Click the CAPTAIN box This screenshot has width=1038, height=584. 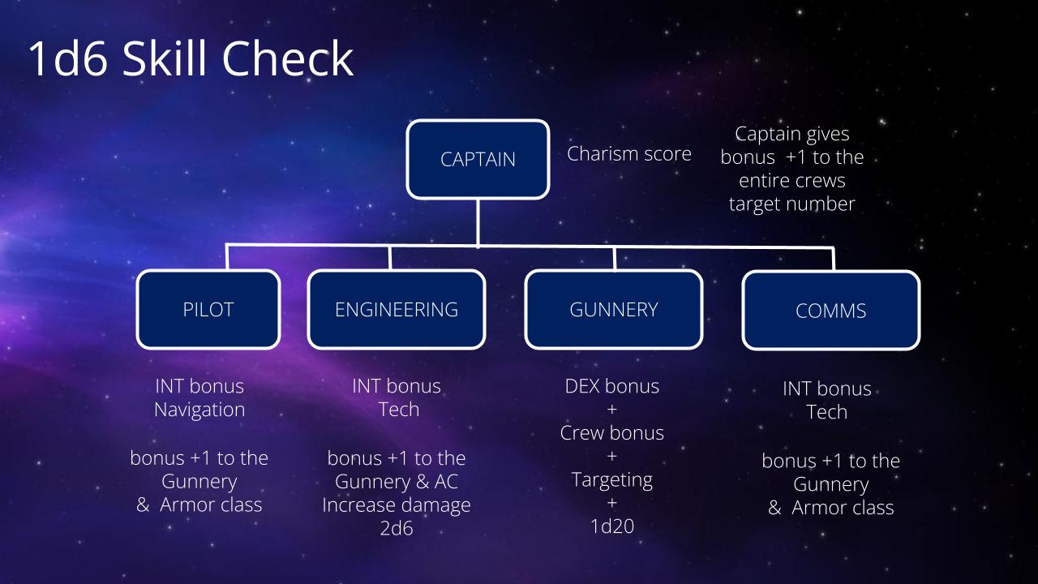click(478, 160)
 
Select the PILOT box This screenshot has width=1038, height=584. click(208, 309)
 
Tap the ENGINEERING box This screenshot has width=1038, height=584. click(397, 309)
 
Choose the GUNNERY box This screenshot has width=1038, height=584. click(614, 309)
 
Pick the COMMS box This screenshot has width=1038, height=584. click(831, 311)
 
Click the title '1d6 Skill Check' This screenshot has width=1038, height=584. click(191, 58)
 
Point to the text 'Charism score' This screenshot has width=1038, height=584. click(628, 154)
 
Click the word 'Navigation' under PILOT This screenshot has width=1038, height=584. click(199, 410)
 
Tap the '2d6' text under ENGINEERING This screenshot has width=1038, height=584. click(397, 528)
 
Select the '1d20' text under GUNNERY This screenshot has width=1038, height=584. click(612, 526)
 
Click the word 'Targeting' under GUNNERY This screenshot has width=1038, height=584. click(612, 480)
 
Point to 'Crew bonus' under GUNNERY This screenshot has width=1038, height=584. click(612, 433)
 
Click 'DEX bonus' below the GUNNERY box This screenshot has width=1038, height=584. click(612, 386)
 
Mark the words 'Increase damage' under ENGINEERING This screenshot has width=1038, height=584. click(397, 505)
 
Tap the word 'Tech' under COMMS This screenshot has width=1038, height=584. click(827, 412)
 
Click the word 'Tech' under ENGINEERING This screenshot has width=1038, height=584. click(398, 410)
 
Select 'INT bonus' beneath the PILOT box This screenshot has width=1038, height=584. click(199, 386)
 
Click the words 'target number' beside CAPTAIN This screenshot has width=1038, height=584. click(792, 204)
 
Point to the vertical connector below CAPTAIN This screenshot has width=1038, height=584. click(478, 222)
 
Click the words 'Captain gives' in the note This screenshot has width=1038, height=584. click(792, 135)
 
